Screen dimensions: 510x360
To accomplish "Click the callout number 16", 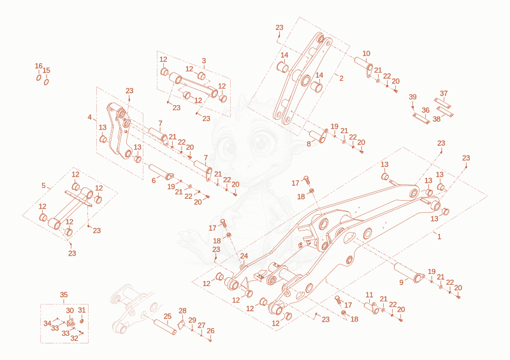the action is pyautogui.click(x=39, y=66).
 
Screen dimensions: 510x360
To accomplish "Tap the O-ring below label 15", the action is pyautogui.click(x=47, y=82).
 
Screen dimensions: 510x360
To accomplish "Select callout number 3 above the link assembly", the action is pyautogui.click(x=204, y=61).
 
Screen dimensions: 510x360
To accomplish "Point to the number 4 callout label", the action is pyautogui.click(x=90, y=117).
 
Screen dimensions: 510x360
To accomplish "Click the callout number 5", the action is pyautogui.click(x=43, y=185).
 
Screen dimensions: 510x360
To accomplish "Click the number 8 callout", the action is pyautogui.click(x=309, y=144).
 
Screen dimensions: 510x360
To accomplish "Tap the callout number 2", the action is pyautogui.click(x=341, y=78).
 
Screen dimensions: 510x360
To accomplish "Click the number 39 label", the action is pyautogui.click(x=412, y=97).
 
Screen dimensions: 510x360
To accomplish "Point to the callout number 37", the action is pyautogui.click(x=444, y=93).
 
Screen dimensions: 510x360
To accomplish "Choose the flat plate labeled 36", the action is pyautogui.click(x=421, y=118).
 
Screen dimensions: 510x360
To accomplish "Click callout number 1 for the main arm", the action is pyautogui.click(x=439, y=236).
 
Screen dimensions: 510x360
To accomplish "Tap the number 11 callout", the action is pyautogui.click(x=369, y=295).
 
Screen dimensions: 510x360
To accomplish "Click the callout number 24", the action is pyautogui.click(x=244, y=256).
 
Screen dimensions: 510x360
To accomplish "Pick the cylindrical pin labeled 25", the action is pyautogui.click(x=165, y=327).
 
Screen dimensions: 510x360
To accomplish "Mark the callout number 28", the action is pyautogui.click(x=182, y=311).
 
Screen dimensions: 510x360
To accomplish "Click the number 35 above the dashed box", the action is pyautogui.click(x=64, y=294).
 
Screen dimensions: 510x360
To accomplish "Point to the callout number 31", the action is pyautogui.click(x=82, y=310).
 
